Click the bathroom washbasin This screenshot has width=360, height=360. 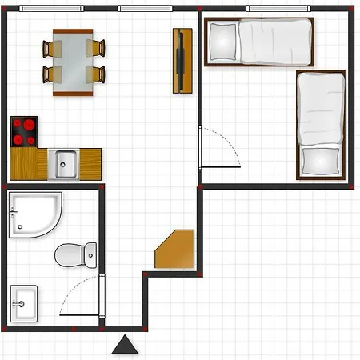[x=23, y=304]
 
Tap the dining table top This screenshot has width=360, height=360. [x=73, y=62]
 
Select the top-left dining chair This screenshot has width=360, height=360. [x=53, y=49]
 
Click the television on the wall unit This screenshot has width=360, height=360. [x=183, y=60]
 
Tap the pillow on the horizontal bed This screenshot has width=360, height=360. [x=223, y=41]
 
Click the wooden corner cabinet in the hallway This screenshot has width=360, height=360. [x=176, y=250]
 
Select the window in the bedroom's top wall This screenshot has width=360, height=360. [x=281, y=8]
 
